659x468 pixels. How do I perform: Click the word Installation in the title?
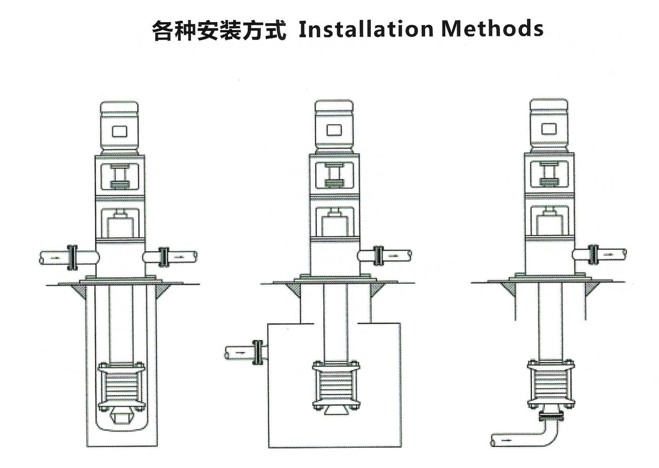coord(366,29)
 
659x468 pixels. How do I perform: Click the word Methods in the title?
coord(492,29)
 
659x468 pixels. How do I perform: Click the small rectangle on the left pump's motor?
coord(119,132)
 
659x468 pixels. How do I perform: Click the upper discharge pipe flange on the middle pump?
coord(378,255)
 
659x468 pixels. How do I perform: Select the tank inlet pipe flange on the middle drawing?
coord(257,352)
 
